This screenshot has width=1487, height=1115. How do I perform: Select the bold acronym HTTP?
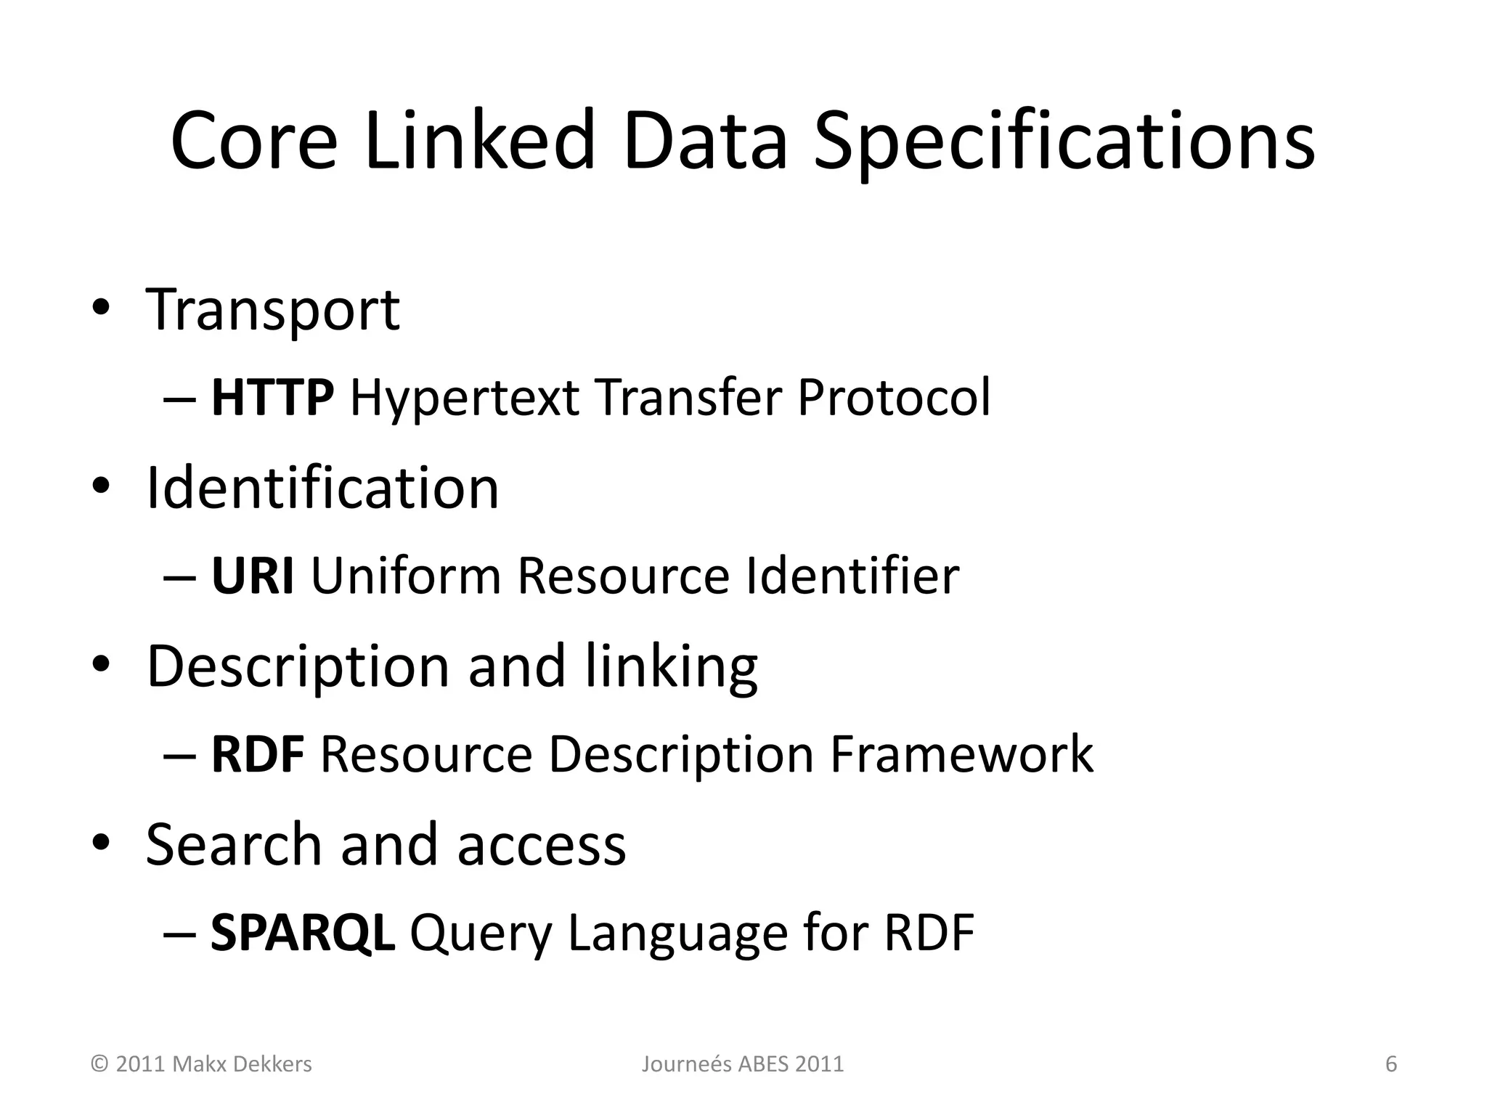[272, 398]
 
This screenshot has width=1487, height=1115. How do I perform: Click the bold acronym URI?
[253, 576]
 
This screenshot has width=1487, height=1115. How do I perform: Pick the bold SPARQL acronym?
[302, 933]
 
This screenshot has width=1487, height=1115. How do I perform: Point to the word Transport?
[272, 311]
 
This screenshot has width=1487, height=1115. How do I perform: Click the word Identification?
[322, 487]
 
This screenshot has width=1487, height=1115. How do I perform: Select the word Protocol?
[893, 398]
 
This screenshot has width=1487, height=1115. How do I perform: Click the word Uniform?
[406, 576]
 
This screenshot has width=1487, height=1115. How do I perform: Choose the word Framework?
[961, 754]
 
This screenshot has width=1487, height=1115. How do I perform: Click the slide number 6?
[1391, 1064]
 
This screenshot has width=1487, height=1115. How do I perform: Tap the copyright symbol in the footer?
[99, 1064]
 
